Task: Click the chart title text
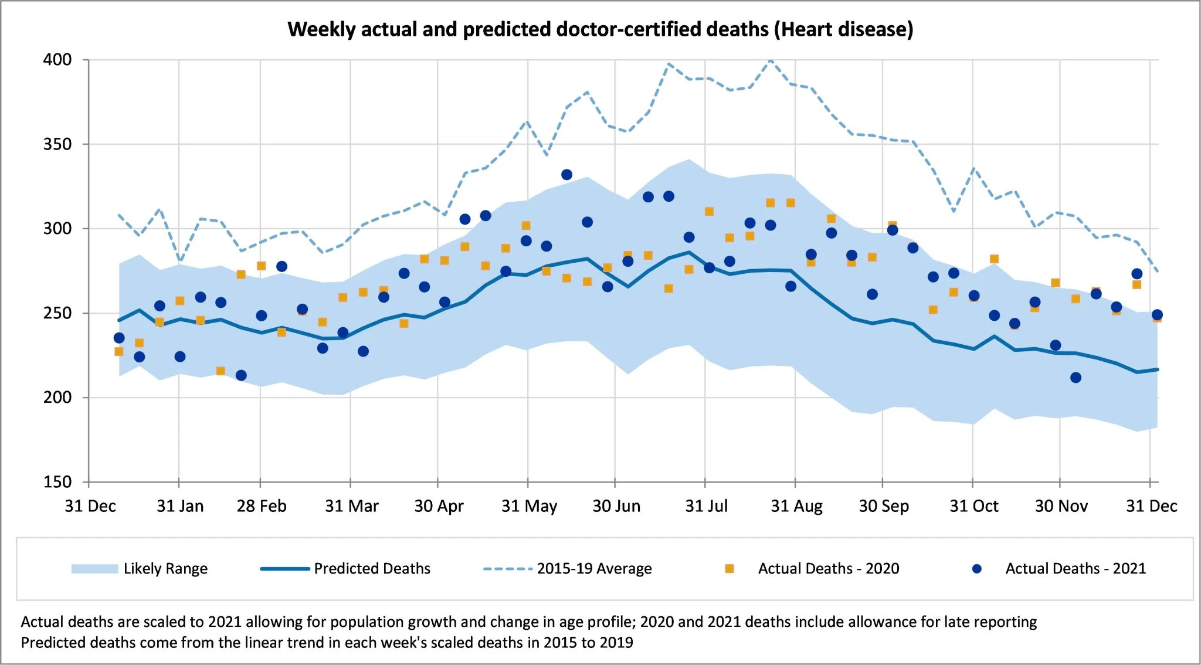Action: click(600, 29)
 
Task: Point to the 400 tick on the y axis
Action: click(57, 60)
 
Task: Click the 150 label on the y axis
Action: click(57, 482)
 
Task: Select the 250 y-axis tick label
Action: click(57, 313)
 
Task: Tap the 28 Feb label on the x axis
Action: click(262, 506)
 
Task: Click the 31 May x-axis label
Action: click(529, 506)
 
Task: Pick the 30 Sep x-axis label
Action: click(884, 506)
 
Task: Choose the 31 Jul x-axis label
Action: click(706, 506)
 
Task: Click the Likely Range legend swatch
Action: click(94, 569)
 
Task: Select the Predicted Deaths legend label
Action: click(372, 569)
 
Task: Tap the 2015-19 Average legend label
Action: click(594, 569)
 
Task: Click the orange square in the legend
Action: click(730, 569)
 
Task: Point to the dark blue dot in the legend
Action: click(976, 569)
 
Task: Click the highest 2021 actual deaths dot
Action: click(566, 175)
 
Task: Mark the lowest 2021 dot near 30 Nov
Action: click(1076, 378)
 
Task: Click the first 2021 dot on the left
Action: click(119, 338)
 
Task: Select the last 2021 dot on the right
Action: click(1157, 315)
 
